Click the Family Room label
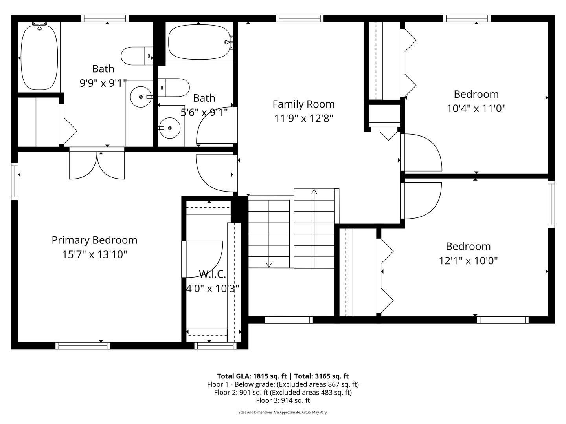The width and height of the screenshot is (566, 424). click(303, 104)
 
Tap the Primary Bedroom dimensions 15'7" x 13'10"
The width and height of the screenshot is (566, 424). click(95, 255)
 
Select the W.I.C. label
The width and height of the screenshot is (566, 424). click(213, 274)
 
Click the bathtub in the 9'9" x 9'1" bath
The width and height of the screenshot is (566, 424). click(39, 57)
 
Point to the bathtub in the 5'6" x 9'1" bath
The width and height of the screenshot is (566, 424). click(199, 42)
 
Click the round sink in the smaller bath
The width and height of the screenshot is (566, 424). click(169, 128)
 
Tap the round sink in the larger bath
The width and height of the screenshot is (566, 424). click(141, 97)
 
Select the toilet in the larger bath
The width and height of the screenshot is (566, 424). click(137, 56)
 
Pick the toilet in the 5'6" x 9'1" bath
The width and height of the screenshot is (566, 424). click(174, 88)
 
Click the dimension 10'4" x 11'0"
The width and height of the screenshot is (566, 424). click(476, 109)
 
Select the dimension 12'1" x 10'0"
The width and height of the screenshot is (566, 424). click(468, 261)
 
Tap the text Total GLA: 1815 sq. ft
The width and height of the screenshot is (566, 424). click(252, 376)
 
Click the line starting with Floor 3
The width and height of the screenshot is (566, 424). click(283, 400)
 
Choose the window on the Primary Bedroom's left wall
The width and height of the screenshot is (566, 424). click(15, 181)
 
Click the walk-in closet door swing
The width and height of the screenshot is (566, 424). click(202, 259)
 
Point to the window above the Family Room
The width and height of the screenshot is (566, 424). click(300, 18)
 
